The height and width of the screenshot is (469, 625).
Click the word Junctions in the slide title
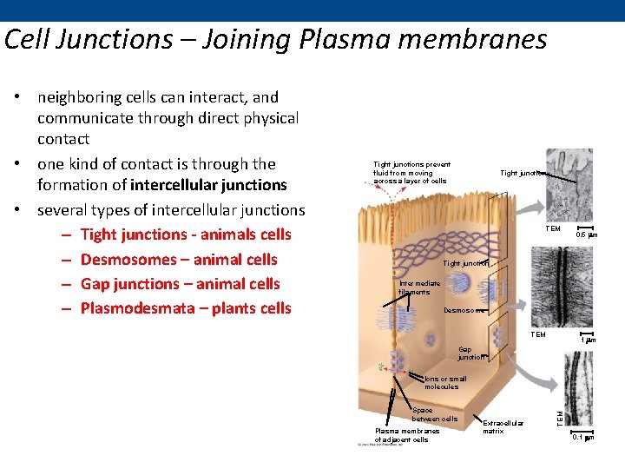[108, 40]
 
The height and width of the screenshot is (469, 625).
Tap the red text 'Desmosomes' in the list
[123, 260]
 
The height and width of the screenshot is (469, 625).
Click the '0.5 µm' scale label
[587, 234]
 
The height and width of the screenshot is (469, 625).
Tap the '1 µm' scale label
[588, 340]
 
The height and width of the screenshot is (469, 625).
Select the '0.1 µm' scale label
[583, 438]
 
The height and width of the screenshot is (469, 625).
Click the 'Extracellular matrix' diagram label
[503, 426]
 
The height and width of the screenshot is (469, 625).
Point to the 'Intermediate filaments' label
[419, 287]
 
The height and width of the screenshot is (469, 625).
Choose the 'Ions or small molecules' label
[445, 383]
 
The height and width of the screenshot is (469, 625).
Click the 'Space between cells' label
[434, 414]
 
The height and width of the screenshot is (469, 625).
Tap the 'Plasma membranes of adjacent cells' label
[406, 434]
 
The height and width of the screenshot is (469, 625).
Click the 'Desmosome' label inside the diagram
[464, 310]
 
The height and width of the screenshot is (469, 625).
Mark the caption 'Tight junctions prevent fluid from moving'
[411, 168]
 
